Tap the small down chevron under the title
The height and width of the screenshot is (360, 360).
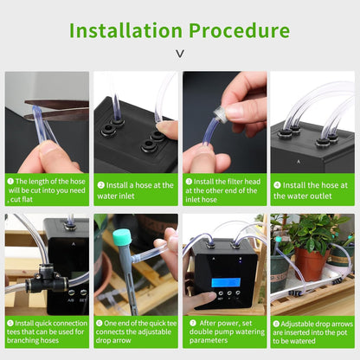pos(179,55)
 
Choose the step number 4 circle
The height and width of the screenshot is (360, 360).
pos(277,184)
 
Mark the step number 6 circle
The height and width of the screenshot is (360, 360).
pos(100,322)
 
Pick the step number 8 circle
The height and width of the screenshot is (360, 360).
pos(277,322)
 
